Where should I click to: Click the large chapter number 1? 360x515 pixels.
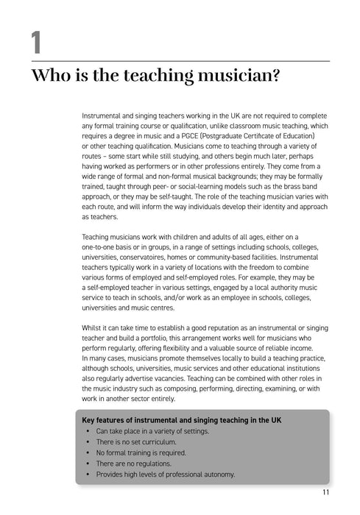[x=36, y=42]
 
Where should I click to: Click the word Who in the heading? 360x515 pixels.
[x=49, y=77]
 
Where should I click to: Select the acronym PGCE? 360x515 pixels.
[x=211, y=136]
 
